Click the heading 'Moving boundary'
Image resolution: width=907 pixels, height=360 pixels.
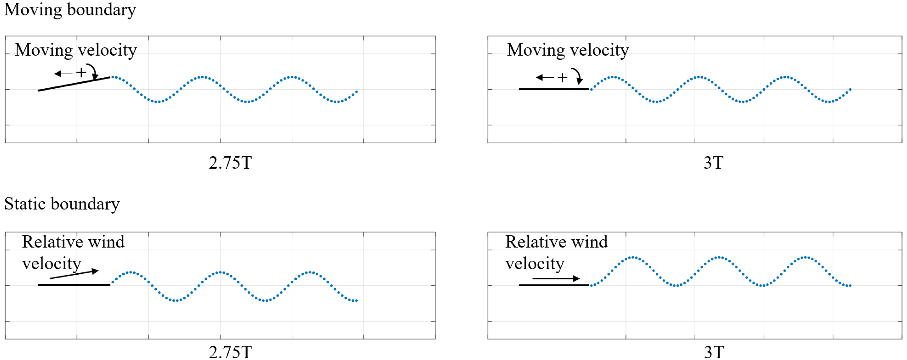70,10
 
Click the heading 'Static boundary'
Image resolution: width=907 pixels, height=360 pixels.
62,204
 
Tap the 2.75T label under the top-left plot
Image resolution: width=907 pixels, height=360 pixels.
230,162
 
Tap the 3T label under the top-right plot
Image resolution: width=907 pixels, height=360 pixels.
713,162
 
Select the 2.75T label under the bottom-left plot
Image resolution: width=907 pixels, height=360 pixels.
230,352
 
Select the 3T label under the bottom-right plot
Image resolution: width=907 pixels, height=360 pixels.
714,352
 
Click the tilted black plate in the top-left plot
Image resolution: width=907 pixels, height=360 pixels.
74,84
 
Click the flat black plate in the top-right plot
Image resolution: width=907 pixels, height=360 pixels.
554,89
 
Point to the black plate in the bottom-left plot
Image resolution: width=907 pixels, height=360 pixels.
74,284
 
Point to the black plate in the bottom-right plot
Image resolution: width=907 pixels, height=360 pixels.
554,285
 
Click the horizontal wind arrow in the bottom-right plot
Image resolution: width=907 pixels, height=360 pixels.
556,278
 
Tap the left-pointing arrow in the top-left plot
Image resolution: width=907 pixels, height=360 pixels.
63,74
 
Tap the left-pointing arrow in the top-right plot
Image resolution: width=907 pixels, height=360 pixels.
545,77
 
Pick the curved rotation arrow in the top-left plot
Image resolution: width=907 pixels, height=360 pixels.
93,72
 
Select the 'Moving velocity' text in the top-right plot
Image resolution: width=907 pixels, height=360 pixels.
568,50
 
